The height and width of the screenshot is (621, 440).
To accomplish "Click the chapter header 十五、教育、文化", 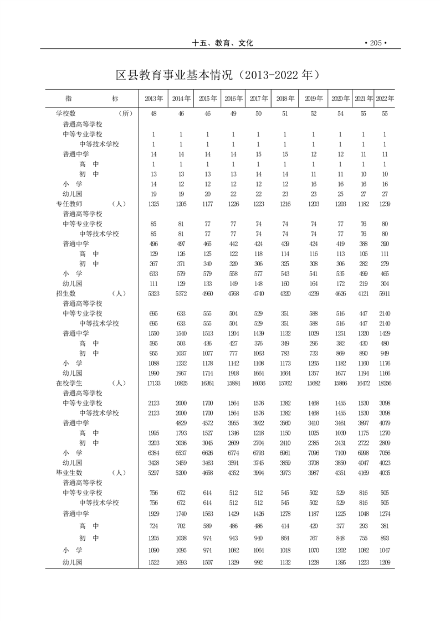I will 222,43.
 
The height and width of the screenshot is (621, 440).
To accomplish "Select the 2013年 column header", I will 154,99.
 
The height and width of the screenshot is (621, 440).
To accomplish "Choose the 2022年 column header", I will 385,99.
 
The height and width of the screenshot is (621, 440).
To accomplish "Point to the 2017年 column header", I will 259,99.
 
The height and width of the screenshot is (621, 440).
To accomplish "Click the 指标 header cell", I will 91,99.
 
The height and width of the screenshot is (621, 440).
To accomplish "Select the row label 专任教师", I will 69,204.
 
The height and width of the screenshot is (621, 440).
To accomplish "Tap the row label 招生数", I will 66,293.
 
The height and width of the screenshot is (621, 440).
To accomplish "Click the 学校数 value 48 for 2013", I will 154,113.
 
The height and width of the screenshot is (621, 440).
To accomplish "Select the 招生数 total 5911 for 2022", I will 385,293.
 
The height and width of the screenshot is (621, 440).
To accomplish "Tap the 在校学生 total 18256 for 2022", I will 385,383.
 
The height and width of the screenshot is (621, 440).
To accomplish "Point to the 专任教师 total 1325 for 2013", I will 154,204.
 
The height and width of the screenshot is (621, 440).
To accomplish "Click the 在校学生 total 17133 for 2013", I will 154,383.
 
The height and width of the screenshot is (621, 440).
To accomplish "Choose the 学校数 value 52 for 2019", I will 313,113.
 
